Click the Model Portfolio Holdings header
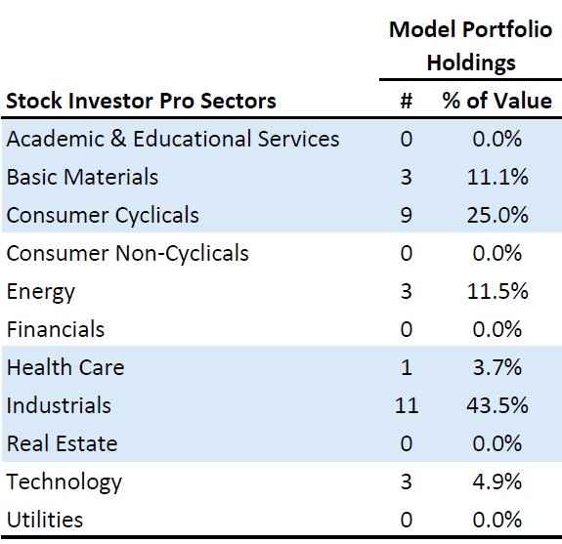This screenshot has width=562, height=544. (469, 46)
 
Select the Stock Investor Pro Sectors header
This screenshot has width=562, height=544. (142, 101)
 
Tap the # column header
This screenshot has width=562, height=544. (406, 101)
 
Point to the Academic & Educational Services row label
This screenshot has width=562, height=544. (173, 139)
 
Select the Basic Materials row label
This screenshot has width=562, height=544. (82, 177)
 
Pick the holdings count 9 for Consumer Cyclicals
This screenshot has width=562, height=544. (406, 215)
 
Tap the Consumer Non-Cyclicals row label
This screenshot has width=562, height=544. (127, 253)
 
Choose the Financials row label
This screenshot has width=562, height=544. (56, 329)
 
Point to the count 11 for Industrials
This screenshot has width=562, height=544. (406, 405)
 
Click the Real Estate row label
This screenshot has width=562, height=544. (62, 443)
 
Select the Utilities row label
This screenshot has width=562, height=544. (45, 520)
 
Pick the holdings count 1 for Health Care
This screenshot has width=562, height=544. (406, 367)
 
